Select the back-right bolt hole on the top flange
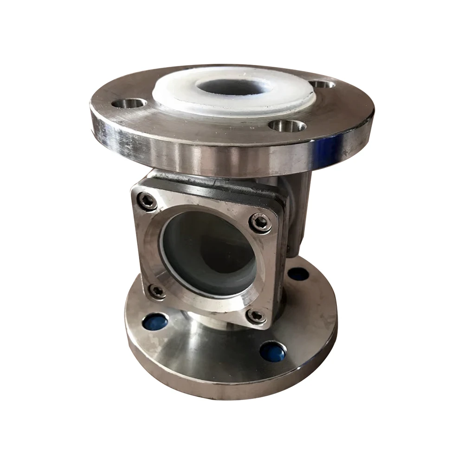[323, 84]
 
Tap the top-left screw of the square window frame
[147, 200]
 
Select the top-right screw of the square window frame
[261, 223]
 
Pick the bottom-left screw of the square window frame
[158, 291]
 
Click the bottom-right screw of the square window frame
[256, 316]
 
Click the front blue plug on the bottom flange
[273, 351]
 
